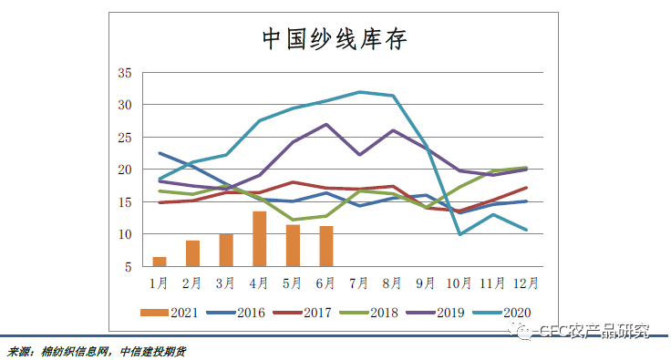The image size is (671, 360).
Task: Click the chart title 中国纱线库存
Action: tap(335, 39)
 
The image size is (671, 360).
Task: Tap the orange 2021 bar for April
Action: tap(259, 239)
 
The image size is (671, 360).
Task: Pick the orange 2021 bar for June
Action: tap(326, 246)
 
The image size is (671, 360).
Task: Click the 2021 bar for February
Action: tap(192, 253)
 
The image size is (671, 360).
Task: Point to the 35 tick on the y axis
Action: tap(126, 73)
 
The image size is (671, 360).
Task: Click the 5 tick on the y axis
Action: tap(129, 267)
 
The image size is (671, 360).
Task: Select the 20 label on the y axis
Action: tap(126, 170)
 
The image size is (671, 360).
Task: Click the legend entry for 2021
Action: tap(171, 313)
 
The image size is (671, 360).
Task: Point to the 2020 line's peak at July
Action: tap(360, 92)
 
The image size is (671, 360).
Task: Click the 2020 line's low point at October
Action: tap(459, 234)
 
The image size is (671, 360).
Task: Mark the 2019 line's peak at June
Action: tap(326, 124)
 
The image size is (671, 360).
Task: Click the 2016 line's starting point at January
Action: tap(160, 153)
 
